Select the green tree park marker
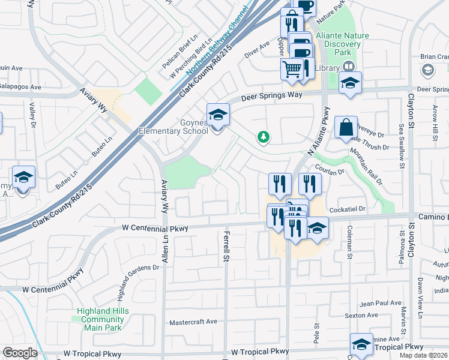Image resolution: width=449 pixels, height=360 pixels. coord(263,137)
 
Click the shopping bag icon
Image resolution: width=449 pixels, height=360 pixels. coord(346,127)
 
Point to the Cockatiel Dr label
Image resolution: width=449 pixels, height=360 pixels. coord(357,208)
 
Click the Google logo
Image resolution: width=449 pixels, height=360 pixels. coord(19,353)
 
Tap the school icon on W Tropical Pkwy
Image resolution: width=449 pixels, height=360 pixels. coord(361,344)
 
